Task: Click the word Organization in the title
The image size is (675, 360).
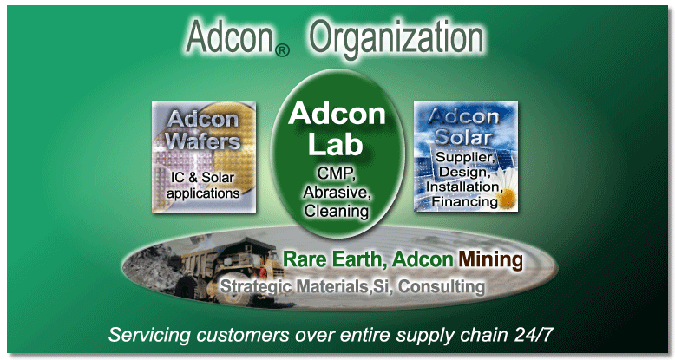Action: click(396, 38)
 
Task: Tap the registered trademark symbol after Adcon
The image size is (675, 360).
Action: click(282, 51)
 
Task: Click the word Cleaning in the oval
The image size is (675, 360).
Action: click(337, 211)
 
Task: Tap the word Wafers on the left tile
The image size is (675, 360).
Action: click(203, 141)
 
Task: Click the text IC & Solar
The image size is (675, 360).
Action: click(202, 177)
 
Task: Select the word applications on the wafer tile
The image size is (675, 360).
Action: click(203, 193)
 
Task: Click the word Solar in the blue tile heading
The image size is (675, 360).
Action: click(463, 137)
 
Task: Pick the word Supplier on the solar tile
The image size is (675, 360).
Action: click(465, 158)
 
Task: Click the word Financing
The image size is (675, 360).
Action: click(464, 201)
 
